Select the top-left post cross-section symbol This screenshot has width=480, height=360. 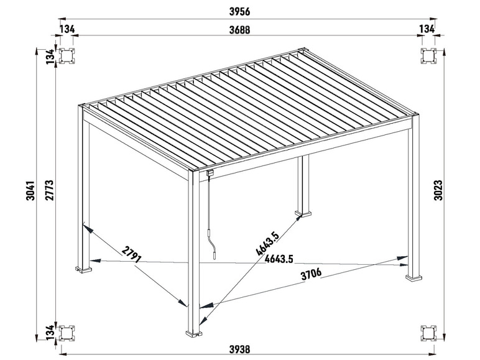pos(66,55)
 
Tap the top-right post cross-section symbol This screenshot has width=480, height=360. pos(429,55)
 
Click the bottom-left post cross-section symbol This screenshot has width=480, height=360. pos(66,333)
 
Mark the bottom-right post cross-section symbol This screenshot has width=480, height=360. pos(429,333)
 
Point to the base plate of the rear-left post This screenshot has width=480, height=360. pos(84,269)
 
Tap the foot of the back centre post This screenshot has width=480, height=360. pos(305,216)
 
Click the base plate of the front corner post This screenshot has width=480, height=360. pos(195,334)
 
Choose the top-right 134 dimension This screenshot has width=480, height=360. pos(427,29)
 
